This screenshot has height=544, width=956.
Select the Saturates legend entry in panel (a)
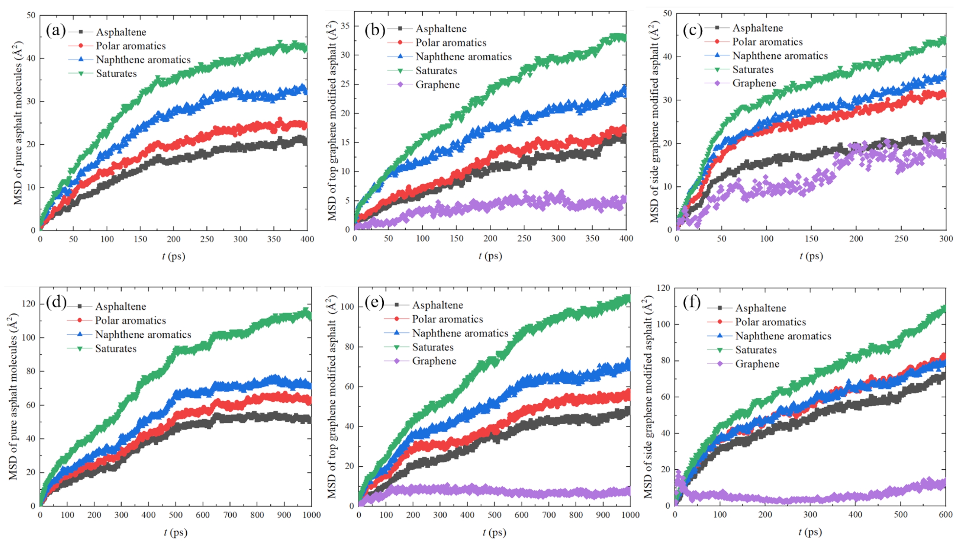[116, 74]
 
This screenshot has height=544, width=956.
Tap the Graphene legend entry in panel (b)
[437, 85]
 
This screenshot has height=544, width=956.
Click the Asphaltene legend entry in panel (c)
[757, 28]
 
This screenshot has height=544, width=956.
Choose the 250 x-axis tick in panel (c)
[901, 239]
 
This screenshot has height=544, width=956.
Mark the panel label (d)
[57, 302]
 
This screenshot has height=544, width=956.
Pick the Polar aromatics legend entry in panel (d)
[130, 321]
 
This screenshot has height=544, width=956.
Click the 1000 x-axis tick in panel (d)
[311, 515]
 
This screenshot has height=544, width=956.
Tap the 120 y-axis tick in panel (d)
[28, 304]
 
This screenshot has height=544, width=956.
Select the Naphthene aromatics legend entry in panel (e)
[460, 333]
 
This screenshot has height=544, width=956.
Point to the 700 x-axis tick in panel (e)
[548, 515]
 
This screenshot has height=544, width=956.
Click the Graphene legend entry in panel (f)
[757, 364]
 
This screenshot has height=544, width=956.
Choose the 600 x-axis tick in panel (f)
[946, 515]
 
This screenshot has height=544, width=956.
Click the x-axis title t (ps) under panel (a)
[173, 256]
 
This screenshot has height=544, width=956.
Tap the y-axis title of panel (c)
[654, 122]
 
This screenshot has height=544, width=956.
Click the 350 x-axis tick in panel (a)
[274, 239]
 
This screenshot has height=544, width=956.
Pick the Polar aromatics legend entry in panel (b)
[451, 43]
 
